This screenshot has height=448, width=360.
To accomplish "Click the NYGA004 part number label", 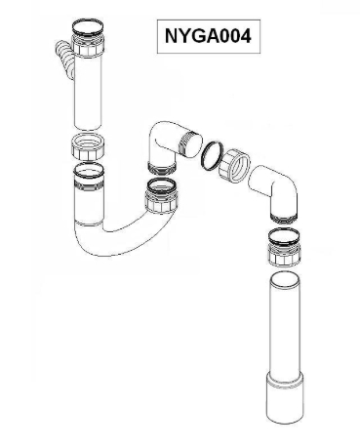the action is pos(208,36).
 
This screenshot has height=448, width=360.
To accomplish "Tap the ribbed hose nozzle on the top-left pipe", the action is pos(63,59).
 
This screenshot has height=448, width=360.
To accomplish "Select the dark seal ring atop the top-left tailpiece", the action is pos(88,27).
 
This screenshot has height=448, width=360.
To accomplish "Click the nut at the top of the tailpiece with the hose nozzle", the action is pos(88,45).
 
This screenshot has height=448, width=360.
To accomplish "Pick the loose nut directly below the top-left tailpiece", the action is pos(88,146).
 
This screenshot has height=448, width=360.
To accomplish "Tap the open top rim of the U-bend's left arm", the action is pos(89,170).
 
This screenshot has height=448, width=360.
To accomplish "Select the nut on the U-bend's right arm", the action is pos(161,202).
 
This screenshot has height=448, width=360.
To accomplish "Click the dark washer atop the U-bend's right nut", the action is pos(161,185).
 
